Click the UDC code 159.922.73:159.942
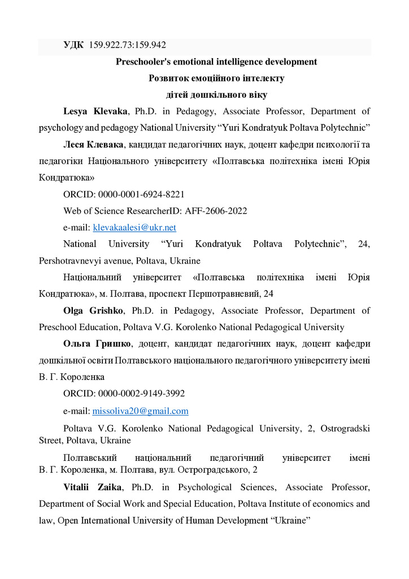pyautogui.click(x=127, y=45)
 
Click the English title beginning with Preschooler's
pyautogui.click(x=216, y=62)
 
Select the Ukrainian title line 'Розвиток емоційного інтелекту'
pyautogui.click(x=216, y=78)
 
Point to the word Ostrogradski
pyautogui.click(x=345, y=429)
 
